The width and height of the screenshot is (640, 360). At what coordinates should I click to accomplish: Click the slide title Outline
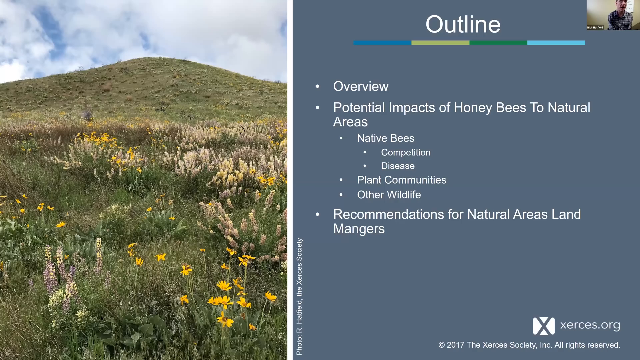coord(463,24)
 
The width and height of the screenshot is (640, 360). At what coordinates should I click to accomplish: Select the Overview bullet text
coord(361,86)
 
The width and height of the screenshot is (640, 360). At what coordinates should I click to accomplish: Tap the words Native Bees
coord(386,138)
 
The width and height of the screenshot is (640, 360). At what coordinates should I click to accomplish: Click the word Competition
coord(406,152)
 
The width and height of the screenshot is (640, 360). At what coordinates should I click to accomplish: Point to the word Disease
coord(398,166)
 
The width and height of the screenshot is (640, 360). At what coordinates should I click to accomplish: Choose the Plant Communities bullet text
coord(402,180)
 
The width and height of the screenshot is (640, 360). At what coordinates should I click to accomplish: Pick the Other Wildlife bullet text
coord(389,195)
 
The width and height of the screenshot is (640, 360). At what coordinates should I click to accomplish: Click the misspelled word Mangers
coord(359,229)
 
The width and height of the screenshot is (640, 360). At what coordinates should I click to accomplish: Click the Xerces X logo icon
coord(544,326)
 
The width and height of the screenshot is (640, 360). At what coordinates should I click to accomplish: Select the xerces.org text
coord(590,325)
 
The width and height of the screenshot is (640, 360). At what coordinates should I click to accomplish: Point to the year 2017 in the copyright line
coord(456,345)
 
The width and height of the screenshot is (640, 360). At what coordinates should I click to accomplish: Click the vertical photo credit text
coord(299,297)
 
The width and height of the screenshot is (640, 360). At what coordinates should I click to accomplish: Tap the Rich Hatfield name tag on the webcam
coord(595,28)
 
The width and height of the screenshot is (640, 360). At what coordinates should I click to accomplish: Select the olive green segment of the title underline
coord(440,43)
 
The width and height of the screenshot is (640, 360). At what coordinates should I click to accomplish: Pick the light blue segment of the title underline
coord(556,43)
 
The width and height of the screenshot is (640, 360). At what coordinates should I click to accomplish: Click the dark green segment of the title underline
coord(498,43)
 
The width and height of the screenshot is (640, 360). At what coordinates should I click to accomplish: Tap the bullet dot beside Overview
coord(318,87)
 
